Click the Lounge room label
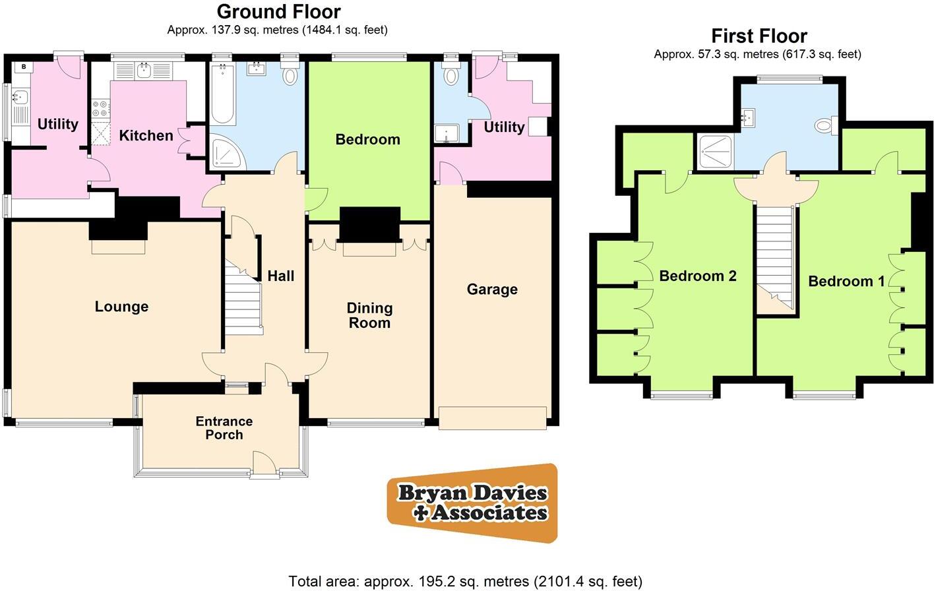[x=121, y=307]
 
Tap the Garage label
[x=492, y=290]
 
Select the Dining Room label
[x=369, y=315]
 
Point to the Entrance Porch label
[x=224, y=428]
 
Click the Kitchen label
[x=146, y=136]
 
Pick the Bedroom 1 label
[x=846, y=282]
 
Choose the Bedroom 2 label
[x=698, y=276]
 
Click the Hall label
[x=280, y=276]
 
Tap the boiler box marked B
[x=24, y=67]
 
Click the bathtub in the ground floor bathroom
[x=224, y=94]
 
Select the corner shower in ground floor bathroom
[x=226, y=152]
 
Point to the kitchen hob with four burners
[x=101, y=108]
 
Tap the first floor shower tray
[x=715, y=151]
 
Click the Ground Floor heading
[x=278, y=11]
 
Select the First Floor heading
[x=759, y=36]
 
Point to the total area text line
[x=465, y=581]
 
